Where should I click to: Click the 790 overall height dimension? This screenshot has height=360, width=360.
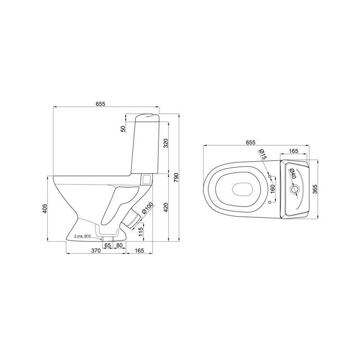click(x=176, y=177)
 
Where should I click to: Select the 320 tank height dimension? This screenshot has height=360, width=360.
click(x=166, y=143)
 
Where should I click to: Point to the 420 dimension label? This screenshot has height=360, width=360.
click(x=166, y=207)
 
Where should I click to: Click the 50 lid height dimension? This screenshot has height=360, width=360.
click(x=123, y=129)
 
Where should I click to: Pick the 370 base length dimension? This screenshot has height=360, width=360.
click(x=96, y=251)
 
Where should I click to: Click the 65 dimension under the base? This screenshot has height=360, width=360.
click(x=108, y=245)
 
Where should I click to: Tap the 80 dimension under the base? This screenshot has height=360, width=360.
click(x=119, y=245)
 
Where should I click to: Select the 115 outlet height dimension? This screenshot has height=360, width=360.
click(x=141, y=232)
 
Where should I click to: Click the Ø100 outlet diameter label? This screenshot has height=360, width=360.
click(x=147, y=208)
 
